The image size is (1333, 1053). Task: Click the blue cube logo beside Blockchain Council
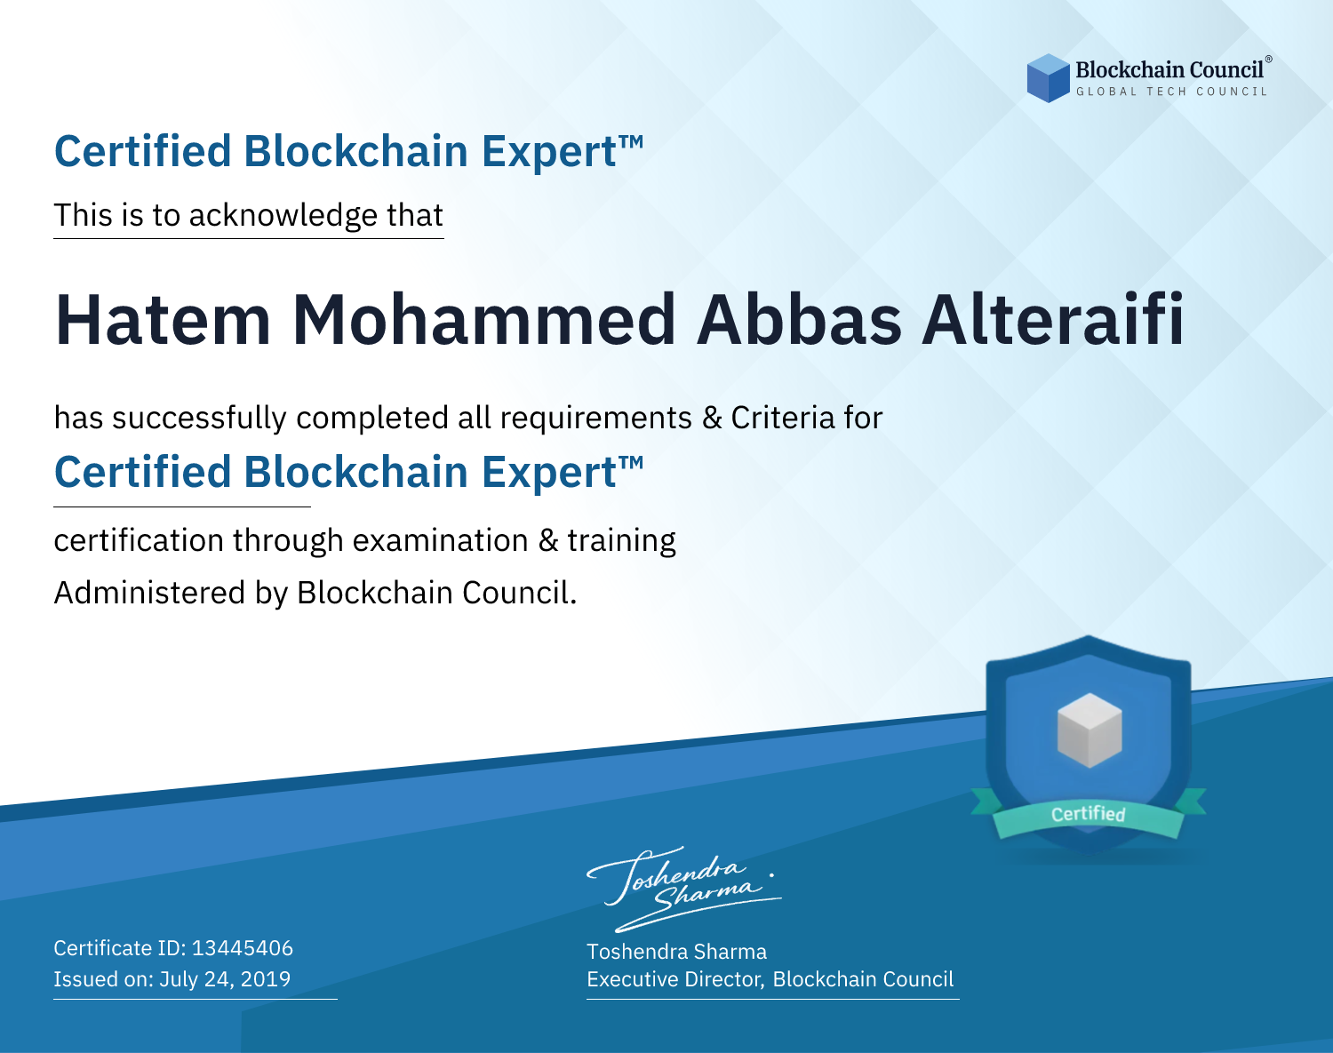(1048, 78)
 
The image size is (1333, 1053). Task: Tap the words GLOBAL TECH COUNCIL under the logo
(1171, 92)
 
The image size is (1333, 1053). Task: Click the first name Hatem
(163, 320)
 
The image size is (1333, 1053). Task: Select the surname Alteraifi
(1053, 318)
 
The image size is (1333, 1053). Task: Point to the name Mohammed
(483, 320)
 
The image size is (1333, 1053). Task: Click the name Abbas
(799, 320)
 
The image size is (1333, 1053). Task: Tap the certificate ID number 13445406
(243, 947)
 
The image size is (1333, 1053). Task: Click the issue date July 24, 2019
(225, 978)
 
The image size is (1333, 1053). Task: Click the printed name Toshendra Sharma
(676, 952)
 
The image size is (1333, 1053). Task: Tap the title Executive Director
(674, 979)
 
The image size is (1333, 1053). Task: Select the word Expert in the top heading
(549, 152)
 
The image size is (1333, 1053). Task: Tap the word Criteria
(782, 418)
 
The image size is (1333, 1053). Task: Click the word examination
(441, 540)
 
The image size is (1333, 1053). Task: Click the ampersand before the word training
(548, 541)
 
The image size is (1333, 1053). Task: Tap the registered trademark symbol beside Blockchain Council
(1269, 59)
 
